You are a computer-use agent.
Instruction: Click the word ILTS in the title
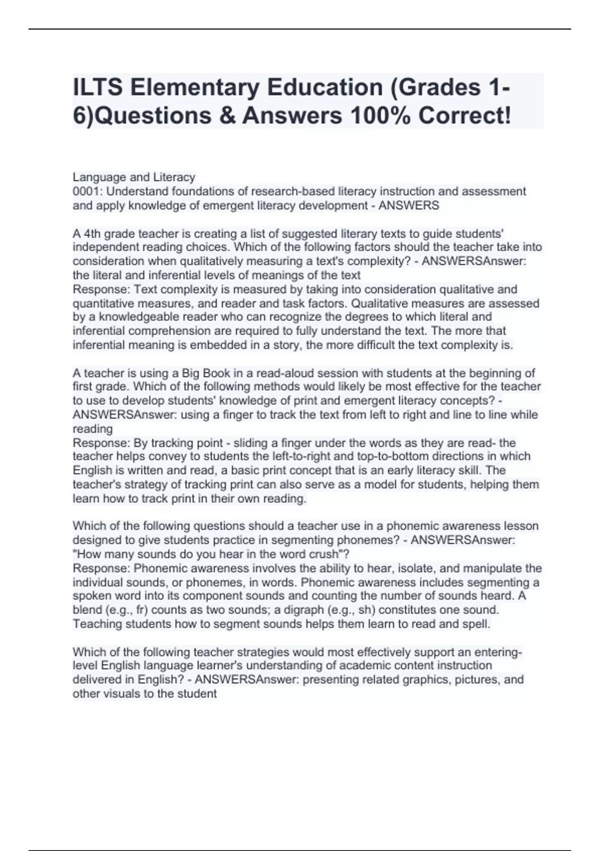pos(97,88)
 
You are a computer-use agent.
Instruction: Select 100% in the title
pos(380,116)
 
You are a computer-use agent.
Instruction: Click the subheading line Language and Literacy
pos(133,177)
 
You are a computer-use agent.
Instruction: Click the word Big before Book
pos(191,373)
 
